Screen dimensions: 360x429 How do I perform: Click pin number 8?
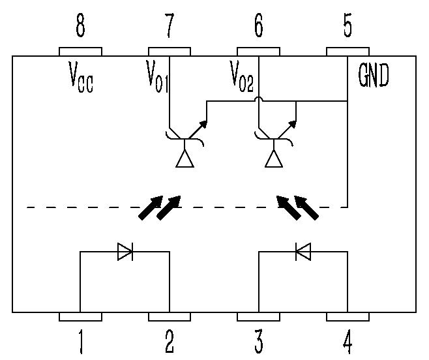tap(80, 28)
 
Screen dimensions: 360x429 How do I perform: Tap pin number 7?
tap(170, 28)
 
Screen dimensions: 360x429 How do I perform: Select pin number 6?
tap(259, 28)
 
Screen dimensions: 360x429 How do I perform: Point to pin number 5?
tap(347, 28)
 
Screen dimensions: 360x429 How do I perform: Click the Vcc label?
tap(81, 78)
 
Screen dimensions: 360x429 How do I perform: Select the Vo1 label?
tap(158, 78)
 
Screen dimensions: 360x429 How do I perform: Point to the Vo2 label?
tap(242, 78)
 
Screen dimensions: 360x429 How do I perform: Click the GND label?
tap(374, 77)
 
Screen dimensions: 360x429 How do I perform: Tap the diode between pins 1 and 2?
tap(125, 251)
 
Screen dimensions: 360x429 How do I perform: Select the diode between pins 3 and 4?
tap(303, 251)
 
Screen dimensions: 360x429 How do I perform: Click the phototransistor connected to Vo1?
tap(186, 140)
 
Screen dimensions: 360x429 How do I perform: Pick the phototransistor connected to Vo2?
tap(275, 140)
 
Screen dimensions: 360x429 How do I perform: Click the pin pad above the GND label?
tap(347, 52)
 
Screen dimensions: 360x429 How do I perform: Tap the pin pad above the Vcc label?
tap(80, 52)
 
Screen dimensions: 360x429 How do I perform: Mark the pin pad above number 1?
tap(80, 317)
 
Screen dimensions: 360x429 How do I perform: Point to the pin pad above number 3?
tap(259, 317)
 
